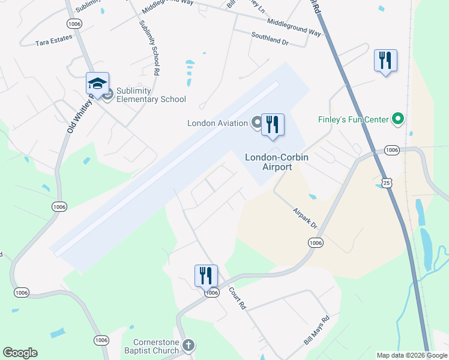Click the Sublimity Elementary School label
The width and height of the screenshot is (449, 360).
click(x=151, y=95)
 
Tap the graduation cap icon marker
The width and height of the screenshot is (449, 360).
click(x=97, y=84)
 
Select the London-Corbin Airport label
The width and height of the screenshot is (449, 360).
click(x=276, y=162)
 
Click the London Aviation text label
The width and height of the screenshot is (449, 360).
click(x=217, y=124)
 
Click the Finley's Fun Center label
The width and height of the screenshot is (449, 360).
click(x=353, y=120)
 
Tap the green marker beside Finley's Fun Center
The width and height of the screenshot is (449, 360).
click(x=397, y=119)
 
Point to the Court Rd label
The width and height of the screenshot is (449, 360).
click(x=238, y=298)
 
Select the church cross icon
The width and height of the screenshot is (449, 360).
click(x=188, y=345)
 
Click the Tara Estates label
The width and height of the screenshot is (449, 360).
click(x=53, y=40)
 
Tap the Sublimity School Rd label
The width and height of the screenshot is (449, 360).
click(x=149, y=47)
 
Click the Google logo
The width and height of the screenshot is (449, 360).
click(x=20, y=353)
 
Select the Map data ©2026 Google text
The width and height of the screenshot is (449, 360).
click(x=412, y=355)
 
